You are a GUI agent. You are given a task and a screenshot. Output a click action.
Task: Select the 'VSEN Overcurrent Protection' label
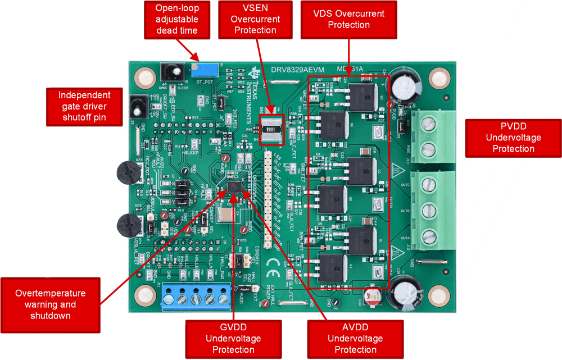coord(255,20)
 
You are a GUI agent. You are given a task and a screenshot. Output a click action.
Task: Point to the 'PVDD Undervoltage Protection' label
coord(513,137)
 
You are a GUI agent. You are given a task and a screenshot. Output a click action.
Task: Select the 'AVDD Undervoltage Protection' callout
coord(355,338)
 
